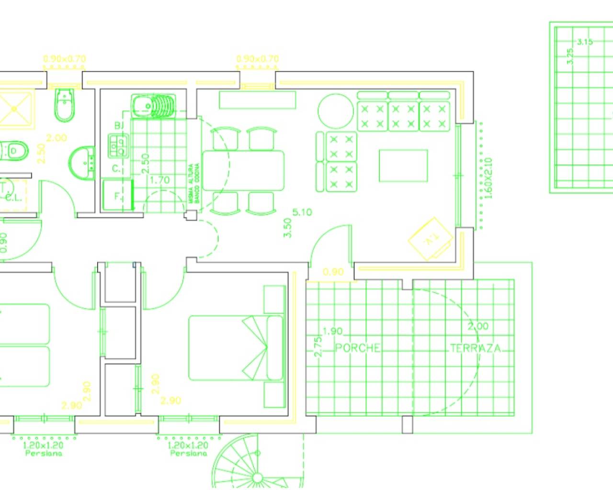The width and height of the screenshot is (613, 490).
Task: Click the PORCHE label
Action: [357, 348]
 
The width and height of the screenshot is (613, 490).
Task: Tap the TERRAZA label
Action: [475, 348]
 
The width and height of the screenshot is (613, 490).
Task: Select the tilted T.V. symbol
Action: [430, 239]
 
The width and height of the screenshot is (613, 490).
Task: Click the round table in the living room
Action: [336, 111]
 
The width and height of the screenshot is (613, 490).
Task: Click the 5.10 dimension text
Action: [302, 212]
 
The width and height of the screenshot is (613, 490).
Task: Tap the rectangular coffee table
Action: [403, 166]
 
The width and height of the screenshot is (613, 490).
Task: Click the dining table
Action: [243, 170]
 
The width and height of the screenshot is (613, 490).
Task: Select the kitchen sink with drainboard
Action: [153, 106]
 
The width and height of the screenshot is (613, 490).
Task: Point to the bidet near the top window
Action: [63, 104]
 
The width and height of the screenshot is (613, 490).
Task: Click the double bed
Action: [236, 348]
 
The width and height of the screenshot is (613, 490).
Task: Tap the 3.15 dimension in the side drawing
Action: [585, 42]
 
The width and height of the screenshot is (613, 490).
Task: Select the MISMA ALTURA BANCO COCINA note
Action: [194, 183]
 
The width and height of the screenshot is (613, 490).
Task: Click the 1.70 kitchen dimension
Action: [159, 180]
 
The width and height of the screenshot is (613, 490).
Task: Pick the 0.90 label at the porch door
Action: [333, 272]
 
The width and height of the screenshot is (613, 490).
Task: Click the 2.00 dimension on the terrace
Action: [478, 326]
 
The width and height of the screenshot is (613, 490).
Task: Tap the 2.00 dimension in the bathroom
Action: [56, 138]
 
